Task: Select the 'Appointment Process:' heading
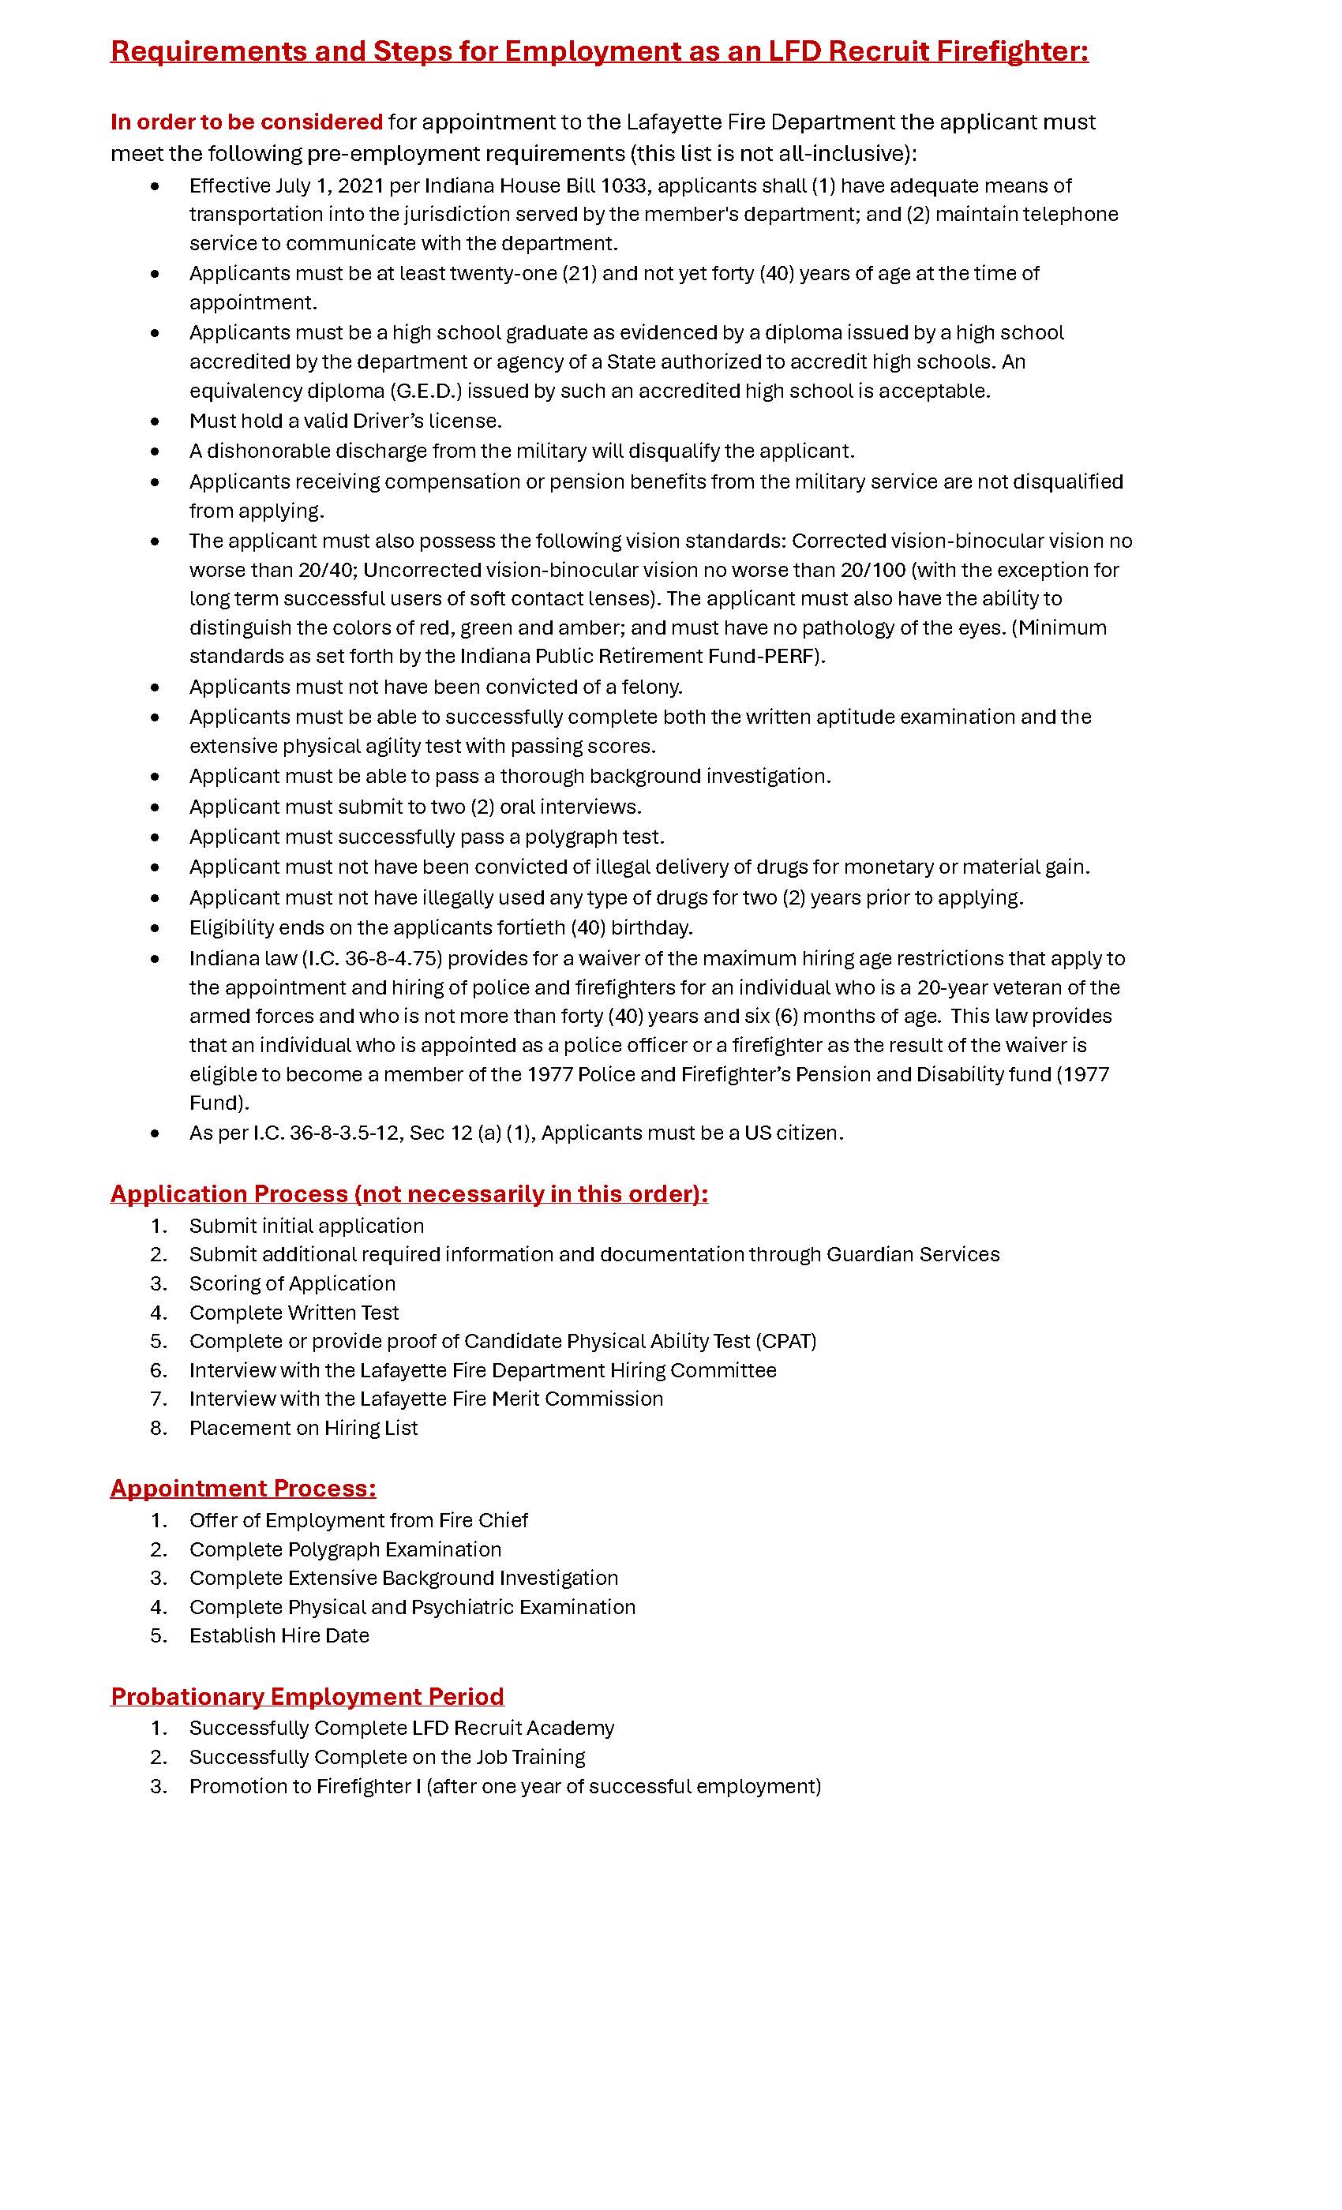[243, 1488]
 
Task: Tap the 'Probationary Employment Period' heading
[307, 1696]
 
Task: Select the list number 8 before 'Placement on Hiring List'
[159, 1428]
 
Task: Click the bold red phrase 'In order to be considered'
[246, 122]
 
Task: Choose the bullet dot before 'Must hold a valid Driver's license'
[156, 421]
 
